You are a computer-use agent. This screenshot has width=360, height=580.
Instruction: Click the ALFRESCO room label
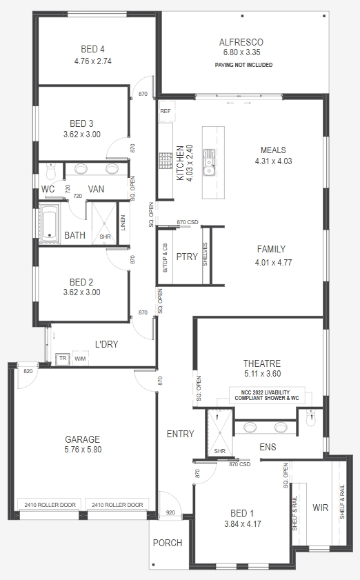(241, 42)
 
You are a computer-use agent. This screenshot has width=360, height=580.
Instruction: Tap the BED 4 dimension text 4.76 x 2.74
(93, 61)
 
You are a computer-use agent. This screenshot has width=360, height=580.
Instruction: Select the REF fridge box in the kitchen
(166, 111)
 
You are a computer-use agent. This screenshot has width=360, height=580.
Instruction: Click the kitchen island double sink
(209, 162)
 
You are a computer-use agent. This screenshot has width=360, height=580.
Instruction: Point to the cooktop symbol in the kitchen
(166, 161)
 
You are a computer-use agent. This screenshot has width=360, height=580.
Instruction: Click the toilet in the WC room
(50, 171)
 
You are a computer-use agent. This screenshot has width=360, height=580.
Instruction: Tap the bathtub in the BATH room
(50, 223)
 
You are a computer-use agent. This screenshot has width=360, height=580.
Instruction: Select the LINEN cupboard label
(123, 223)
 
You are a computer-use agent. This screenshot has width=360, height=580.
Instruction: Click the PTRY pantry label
(187, 257)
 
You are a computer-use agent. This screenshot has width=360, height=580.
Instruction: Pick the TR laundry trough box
(63, 359)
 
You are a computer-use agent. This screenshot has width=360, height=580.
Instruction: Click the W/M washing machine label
(80, 359)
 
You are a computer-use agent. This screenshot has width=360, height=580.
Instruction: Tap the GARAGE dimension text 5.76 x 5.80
(83, 450)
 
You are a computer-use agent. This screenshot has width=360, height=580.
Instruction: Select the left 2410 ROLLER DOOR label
(50, 505)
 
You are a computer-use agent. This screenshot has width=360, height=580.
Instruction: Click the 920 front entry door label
(170, 512)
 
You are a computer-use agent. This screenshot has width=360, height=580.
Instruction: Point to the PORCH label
(168, 543)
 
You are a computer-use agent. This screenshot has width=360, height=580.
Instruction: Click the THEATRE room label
(262, 363)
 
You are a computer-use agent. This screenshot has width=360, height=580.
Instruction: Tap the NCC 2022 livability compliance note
(267, 395)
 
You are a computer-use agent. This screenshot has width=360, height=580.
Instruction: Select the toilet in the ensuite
(312, 418)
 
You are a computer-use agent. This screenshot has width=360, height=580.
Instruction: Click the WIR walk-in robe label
(321, 508)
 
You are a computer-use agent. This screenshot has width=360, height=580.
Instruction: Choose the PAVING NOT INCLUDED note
(244, 65)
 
